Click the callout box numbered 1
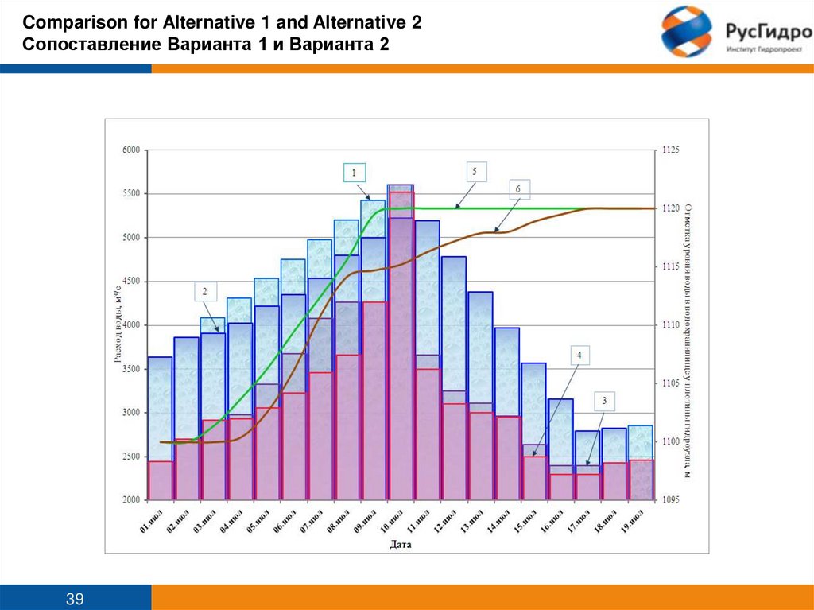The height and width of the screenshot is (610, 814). (355, 173)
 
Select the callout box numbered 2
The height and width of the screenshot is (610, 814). (204, 292)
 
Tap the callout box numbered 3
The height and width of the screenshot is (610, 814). (604, 401)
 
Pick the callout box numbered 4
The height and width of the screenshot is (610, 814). (579, 355)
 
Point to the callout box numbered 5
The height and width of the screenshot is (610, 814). (475, 172)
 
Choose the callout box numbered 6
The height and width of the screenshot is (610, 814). (518, 189)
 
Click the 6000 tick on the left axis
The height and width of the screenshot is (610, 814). (130, 150)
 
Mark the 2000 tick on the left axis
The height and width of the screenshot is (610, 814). (130, 500)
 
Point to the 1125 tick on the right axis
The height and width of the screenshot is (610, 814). (671, 150)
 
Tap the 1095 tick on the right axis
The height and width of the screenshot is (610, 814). (671, 500)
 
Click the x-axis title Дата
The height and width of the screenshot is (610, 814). (401, 545)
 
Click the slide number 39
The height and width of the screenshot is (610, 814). (76, 598)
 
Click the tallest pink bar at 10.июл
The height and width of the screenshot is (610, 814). (401, 350)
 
